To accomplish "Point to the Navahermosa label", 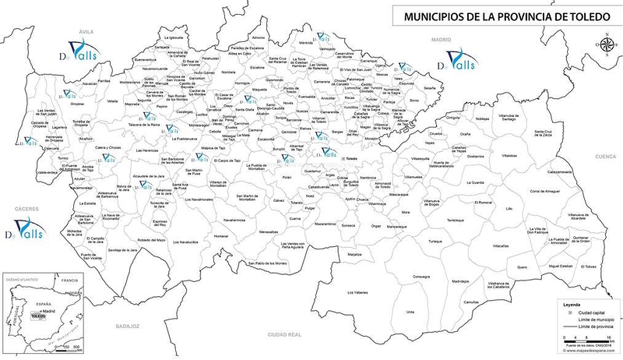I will (234, 221).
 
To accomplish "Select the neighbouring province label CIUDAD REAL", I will (284, 335).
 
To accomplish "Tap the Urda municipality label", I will (411, 312).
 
